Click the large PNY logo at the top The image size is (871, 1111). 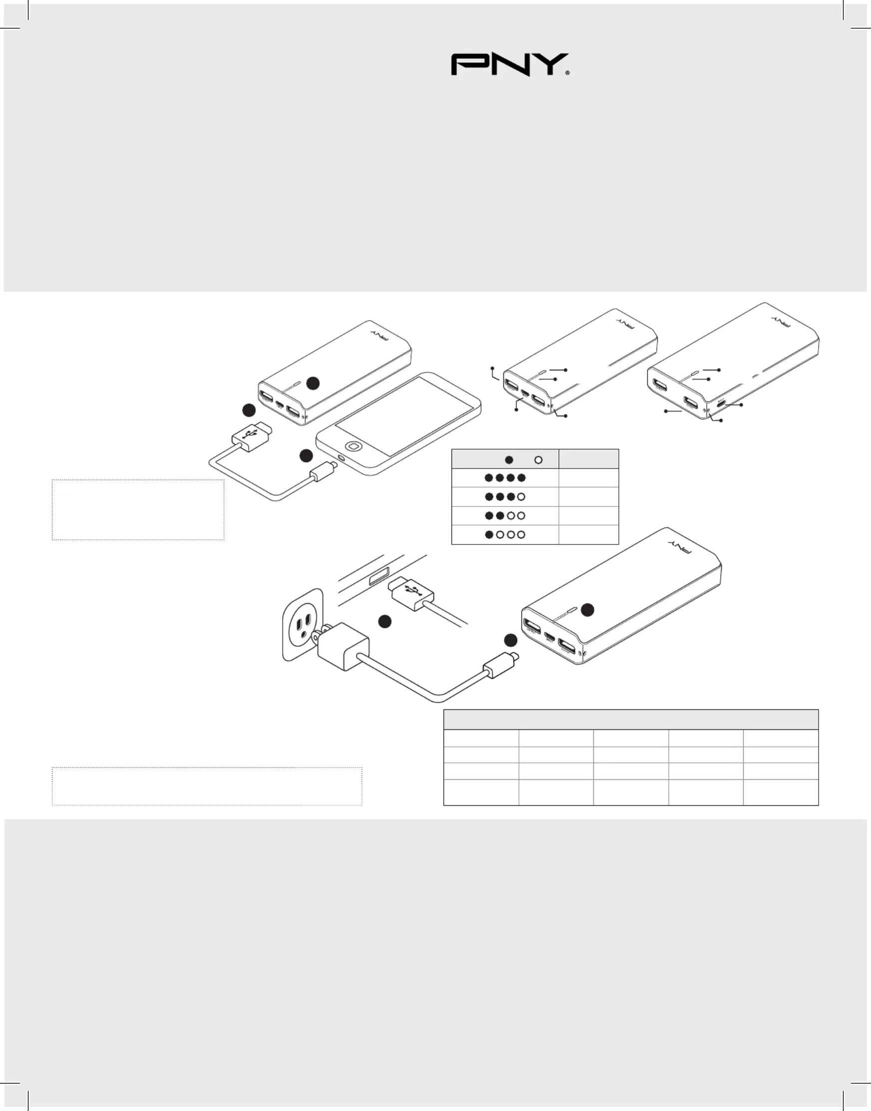(x=509, y=65)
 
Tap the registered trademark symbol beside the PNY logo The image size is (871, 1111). (x=567, y=73)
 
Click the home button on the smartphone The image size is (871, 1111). (x=353, y=446)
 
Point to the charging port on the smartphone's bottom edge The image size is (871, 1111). (x=341, y=458)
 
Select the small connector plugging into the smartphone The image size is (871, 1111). (x=323, y=471)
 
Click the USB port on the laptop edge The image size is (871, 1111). (x=379, y=577)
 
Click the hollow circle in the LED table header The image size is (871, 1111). (x=538, y=460)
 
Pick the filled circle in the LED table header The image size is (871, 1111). (x=509, y=460)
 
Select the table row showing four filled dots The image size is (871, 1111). (x=505, y=478)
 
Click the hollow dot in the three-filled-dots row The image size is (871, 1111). (x=521, y=497)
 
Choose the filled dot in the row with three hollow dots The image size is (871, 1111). (x=489, y=535)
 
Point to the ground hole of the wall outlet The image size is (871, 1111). (x=304, y=634)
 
